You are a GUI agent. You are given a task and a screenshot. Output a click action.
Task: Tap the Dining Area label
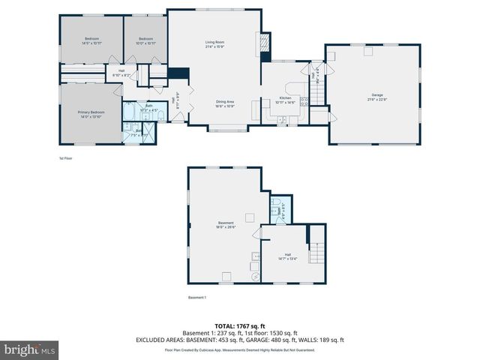tap(226, 103)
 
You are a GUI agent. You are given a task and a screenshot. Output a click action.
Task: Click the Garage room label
tap(376, 96)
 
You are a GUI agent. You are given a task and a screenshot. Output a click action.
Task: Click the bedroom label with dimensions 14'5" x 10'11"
tap(91, 40)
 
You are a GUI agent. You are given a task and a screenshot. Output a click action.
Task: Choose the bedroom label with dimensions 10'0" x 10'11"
tap(145, 40)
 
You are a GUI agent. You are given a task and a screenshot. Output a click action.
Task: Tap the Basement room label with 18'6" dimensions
tap(226, 224)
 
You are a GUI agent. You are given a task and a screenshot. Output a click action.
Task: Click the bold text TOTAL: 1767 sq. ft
tap(240, 326)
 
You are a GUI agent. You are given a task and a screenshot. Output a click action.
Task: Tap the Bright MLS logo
tap(29, 349)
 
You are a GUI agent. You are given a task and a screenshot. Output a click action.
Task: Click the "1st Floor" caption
tap(66, 158)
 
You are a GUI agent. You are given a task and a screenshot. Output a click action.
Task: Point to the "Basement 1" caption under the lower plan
tap(197, 298)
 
